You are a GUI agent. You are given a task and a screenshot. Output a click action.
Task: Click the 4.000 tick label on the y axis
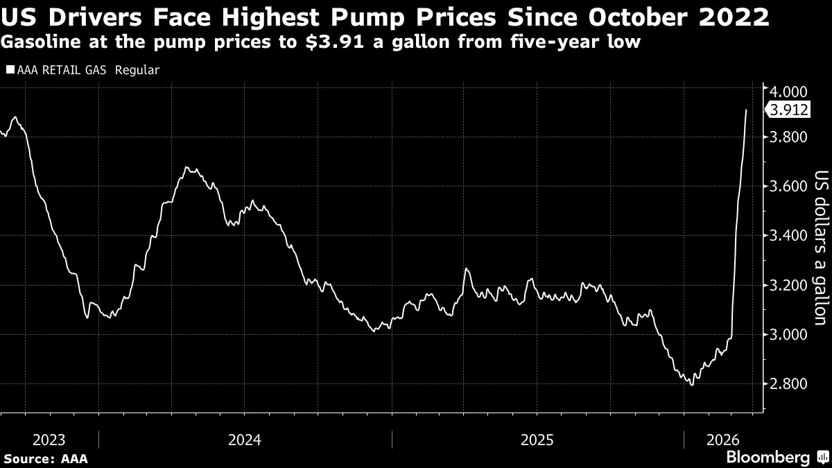point(788,91)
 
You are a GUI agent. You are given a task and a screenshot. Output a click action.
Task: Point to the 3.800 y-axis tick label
point(788,137)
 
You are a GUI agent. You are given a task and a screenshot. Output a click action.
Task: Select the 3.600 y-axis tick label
point(788,186)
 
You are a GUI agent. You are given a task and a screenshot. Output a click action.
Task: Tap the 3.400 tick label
point(788,236)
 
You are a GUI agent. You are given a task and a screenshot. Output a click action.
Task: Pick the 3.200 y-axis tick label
point(788,285)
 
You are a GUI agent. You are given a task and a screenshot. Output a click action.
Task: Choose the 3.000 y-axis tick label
point(788,334)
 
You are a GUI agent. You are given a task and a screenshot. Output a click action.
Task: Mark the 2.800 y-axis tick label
point(788,384)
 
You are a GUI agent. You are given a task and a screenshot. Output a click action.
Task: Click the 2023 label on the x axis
point(49,440)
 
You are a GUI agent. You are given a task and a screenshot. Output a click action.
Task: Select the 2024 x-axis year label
point(244,440)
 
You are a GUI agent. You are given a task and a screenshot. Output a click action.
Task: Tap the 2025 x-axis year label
point(537,440)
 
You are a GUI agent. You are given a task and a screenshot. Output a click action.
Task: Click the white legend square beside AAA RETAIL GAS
point(10,70)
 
